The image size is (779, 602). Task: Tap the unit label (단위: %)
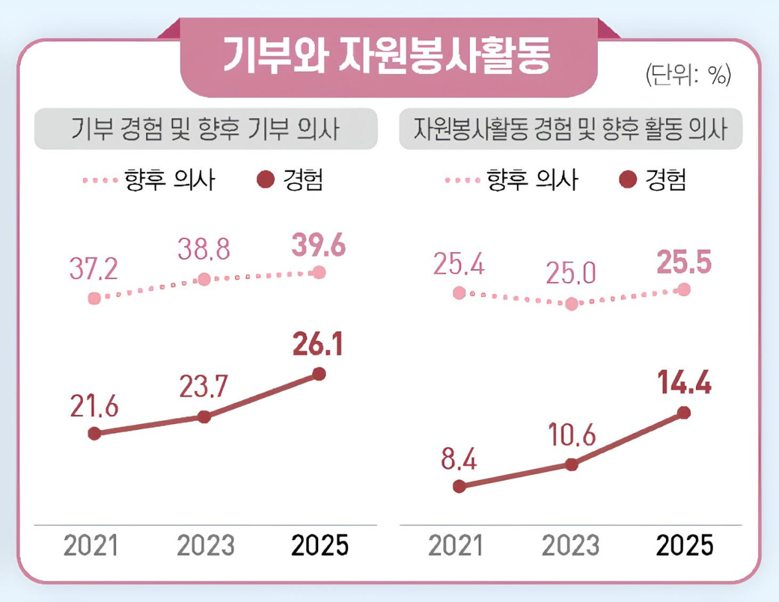[x=689, y=77]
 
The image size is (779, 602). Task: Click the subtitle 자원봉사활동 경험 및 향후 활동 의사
[x=571, y=129]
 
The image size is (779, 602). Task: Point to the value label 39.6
[x=318, y=247]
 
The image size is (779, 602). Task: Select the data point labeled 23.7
[x=204, y=417]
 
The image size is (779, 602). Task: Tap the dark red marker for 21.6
[x=94, y=433]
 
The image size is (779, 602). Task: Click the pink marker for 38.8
[x=204, y=279]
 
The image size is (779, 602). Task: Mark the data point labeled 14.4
[x=684, y=412]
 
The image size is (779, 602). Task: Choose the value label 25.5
[x=684, y=262]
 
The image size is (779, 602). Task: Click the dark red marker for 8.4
[x=460, y=486]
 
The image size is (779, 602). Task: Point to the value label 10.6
[x=571, y=436]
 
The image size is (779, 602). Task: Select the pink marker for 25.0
[x=571, y=303]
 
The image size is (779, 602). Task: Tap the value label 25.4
[x=460, y=266]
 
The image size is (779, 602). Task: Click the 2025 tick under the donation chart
[x=319, y=546]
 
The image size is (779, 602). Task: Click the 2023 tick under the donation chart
[x=205, y=546]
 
